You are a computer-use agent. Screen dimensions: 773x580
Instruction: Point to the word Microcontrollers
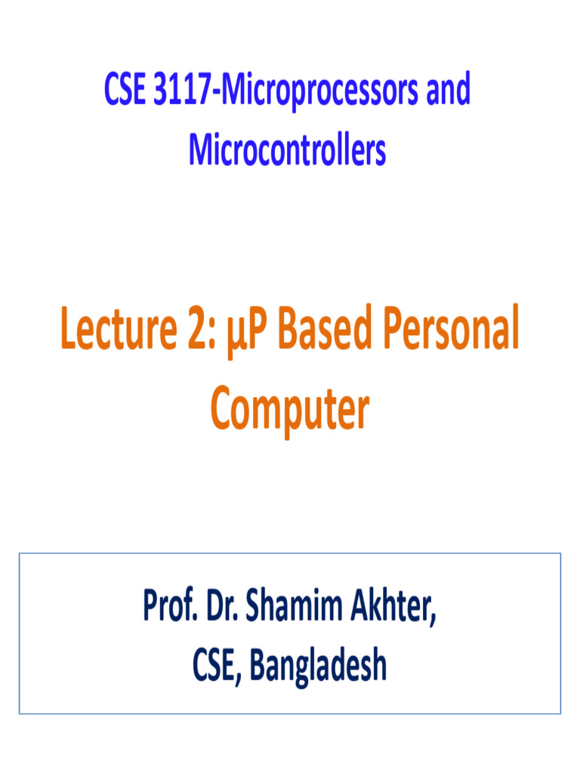pyautogui.click(x=288, y=150)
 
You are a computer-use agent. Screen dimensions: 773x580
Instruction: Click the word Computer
pyautogui.click(x=290, y=411)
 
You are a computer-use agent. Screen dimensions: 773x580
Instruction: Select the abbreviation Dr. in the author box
pyautogui.click(x=227, y=608)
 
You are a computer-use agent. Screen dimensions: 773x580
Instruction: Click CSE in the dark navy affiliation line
pyautogui.click(x=215, y=665)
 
